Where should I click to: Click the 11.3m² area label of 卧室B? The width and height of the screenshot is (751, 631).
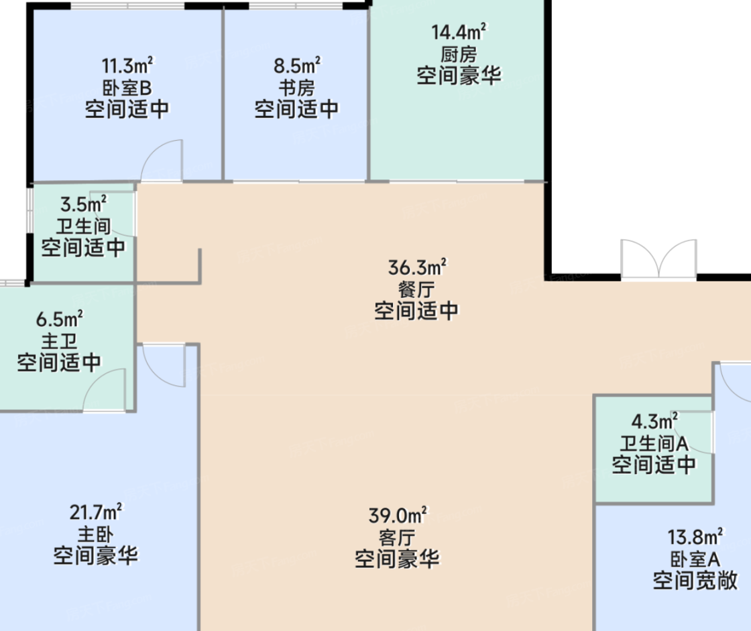(x=127, y=66)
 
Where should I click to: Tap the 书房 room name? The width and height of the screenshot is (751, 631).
(x=296, y=88)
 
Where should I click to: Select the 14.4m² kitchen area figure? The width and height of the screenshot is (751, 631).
(x=459, y=31)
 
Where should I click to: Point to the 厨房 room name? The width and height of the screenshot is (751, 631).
(x=459, y=54)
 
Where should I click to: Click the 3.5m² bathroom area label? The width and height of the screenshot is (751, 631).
(x=83, y=204)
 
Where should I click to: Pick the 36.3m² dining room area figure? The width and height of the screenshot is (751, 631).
(x=417, y=267)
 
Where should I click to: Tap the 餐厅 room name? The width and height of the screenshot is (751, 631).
(x=416, y=289)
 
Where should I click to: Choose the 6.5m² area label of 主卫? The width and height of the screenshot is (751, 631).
(x=60, y=319)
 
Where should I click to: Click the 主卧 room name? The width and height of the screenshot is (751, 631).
(x=95, y=534)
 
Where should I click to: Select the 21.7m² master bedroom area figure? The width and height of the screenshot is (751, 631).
(x=96, y=512)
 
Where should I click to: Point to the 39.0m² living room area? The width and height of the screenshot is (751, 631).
(x=398, y=515)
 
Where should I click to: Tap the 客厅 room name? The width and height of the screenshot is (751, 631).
(x=397, y=538)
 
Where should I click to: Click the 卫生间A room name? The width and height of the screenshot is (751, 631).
(x=654, y=443)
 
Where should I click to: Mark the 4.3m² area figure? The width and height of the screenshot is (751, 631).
(x=654, y=421)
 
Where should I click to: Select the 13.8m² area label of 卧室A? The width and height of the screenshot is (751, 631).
(x=695, y=537)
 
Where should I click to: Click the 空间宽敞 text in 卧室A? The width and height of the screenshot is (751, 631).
(x=695, y=580)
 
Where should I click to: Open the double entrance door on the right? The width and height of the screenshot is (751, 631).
(x=658, y=259)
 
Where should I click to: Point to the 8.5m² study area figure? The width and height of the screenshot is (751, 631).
(x=297, y=66)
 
